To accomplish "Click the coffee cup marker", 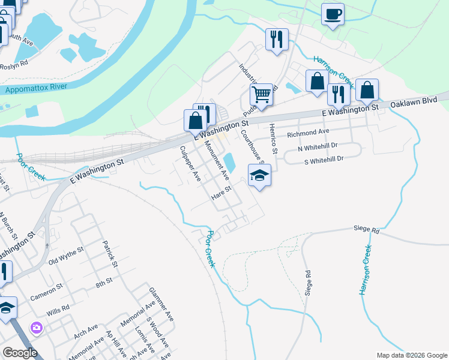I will [333, 14].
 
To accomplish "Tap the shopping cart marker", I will [261, 95].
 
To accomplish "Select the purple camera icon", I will [37, 328].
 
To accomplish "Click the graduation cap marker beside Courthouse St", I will [259, 175].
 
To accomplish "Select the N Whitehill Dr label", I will [318, 146].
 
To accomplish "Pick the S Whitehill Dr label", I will [324, 159].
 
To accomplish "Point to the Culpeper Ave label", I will [190, 164].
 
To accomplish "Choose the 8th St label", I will [105, 281].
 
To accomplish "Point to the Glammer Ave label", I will [161, 302].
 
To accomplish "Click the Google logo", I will [20, 352].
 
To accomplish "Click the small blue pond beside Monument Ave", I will [229, 161].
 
